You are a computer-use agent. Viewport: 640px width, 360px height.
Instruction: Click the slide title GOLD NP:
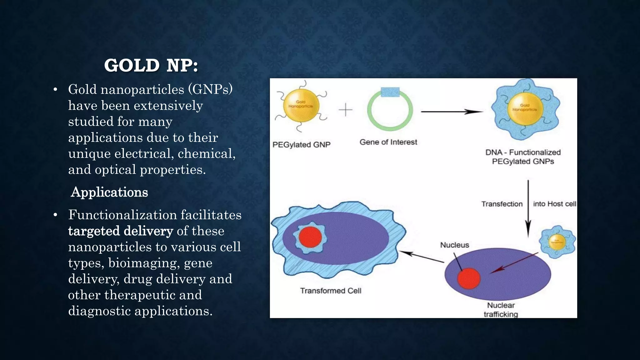click(x=151, y=66)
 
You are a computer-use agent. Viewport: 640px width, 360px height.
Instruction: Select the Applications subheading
click(x=109, y=192)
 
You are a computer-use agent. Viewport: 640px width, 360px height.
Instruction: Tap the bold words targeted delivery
click(x=121, y=231)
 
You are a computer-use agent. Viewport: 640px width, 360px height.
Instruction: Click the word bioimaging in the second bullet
click(x=144, y=263)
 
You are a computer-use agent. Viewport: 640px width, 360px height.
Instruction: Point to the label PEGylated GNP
click(x=301, y=145)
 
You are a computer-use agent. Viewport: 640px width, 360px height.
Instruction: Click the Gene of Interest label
click(x=388, y=142)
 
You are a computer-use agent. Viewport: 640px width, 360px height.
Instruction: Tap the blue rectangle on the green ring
click(x=390, y=92)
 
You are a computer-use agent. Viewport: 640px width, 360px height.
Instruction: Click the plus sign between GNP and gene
click(x=345, y=110)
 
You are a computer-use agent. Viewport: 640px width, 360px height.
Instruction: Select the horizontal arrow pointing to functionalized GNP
click(x=452, y=112)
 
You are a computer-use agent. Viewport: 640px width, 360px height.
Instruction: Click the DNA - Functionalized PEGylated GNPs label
click(x=523, y=157)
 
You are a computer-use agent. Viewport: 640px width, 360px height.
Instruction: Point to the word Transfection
click(x=502, y=204)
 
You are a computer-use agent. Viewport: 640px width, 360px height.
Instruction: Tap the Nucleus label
click(x=454, y=245)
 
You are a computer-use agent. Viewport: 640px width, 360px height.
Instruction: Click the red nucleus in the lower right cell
click(x=469, y=278)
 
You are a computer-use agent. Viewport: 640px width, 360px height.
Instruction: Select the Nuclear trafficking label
click(x=501, y=310)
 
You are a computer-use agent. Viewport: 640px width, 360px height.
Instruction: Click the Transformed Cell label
click(x=331, y=291)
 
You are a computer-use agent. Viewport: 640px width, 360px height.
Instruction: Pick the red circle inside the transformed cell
click(x=310, y=237)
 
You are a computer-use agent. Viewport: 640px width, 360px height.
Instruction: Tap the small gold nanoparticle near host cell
click(x=557, y=242)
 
